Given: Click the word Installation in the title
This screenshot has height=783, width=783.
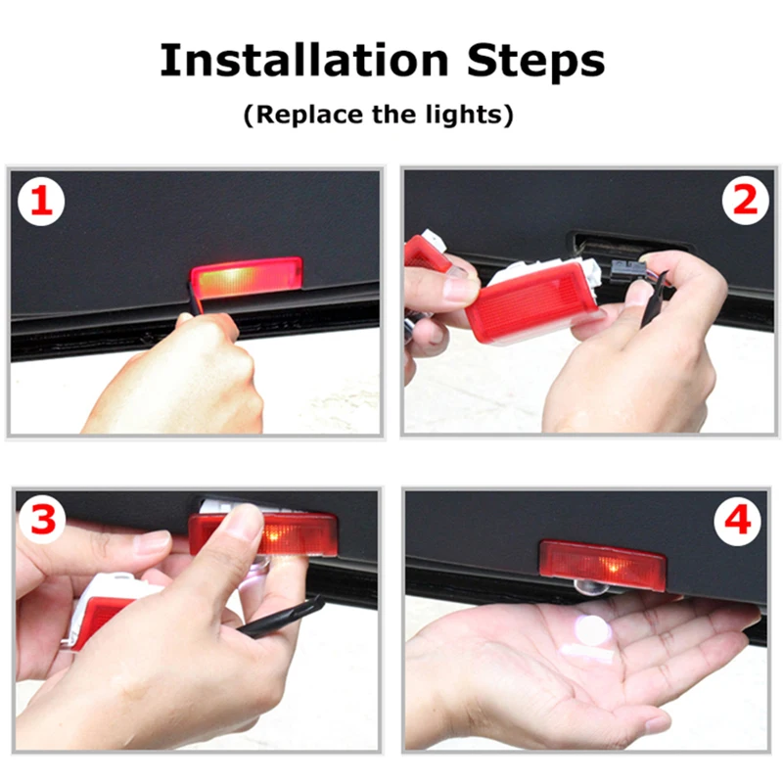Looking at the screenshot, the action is pos(304,60).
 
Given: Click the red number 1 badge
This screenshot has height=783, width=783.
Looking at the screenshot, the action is pos(41,202).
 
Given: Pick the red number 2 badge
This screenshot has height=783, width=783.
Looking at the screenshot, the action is pos(746,201).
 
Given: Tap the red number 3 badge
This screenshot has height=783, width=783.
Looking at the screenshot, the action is pos(42,520).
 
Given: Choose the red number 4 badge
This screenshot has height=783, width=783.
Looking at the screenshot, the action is pos(738,522).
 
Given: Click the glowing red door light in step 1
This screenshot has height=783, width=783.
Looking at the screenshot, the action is pos(247,278).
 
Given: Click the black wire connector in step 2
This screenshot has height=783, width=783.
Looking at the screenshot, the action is pos(623,272).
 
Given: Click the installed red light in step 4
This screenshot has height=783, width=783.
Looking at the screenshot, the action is pos(603,565).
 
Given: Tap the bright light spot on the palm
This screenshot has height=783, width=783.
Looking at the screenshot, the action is pos(592,629).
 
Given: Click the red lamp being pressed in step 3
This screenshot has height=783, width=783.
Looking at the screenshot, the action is pos(263,534).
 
